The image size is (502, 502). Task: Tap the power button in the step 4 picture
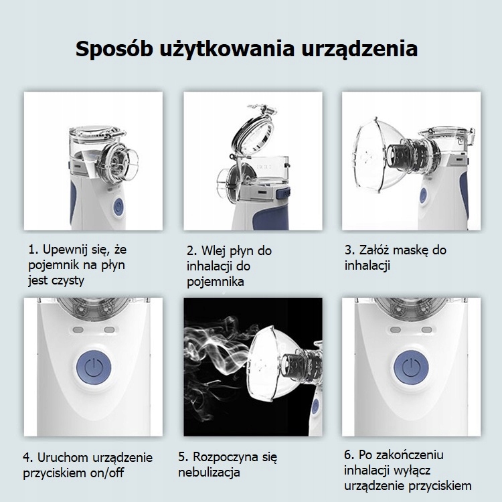[x=94, y=367]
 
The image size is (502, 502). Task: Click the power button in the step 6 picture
[x=411, y=367]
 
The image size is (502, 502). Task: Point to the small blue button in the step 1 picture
[x=118, y=207]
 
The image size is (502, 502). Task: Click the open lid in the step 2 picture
[x=254, y=130]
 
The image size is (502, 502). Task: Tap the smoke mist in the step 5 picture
[x=218, y=355]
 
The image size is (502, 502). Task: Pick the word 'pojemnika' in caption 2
[x=216, y=282]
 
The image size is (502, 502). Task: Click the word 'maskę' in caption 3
[x=410, y=250]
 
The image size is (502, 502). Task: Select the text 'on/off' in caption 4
[x=107, y=473]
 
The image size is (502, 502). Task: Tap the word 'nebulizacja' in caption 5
[x=209, y=473]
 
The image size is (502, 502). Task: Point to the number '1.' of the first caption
[x=33, y=250]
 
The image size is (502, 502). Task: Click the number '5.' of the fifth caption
[x=183, y=457]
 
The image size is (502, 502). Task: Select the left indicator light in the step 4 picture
[x=78, y=330]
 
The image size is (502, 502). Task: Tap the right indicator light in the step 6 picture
[x=427, y=330]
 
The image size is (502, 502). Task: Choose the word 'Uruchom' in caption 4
[x=63, y=458]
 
